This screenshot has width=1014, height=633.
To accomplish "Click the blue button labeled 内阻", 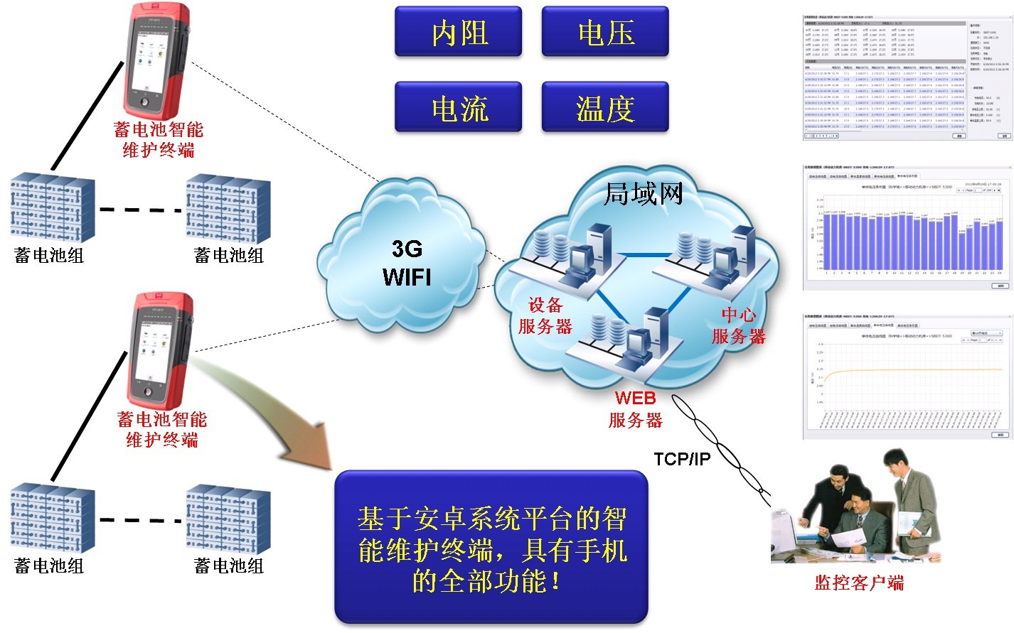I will [x=459, y=32].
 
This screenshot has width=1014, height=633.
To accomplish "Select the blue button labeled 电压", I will [x=605, y=32].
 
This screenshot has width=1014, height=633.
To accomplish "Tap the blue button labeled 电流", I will [x=459, y=107].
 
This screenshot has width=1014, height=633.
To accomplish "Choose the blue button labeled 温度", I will [x=605, y=107].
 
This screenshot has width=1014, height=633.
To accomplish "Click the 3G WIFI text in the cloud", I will [x=407, y=262].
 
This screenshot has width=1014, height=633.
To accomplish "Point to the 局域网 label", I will [x=643, y=193].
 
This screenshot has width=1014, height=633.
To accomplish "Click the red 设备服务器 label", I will [x=545, y=316].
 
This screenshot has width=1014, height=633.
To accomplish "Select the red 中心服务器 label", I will [x=739, y=325].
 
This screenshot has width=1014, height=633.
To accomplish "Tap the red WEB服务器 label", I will [x=636, y=409].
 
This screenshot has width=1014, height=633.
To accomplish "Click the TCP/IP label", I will [x=682, y=459].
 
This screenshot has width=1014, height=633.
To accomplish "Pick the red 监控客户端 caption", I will [x=859, y=583].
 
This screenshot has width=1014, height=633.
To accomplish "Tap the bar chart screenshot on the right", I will [x=907, y=227].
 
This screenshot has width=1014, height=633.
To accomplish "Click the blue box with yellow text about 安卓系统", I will [x=491, y=548].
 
